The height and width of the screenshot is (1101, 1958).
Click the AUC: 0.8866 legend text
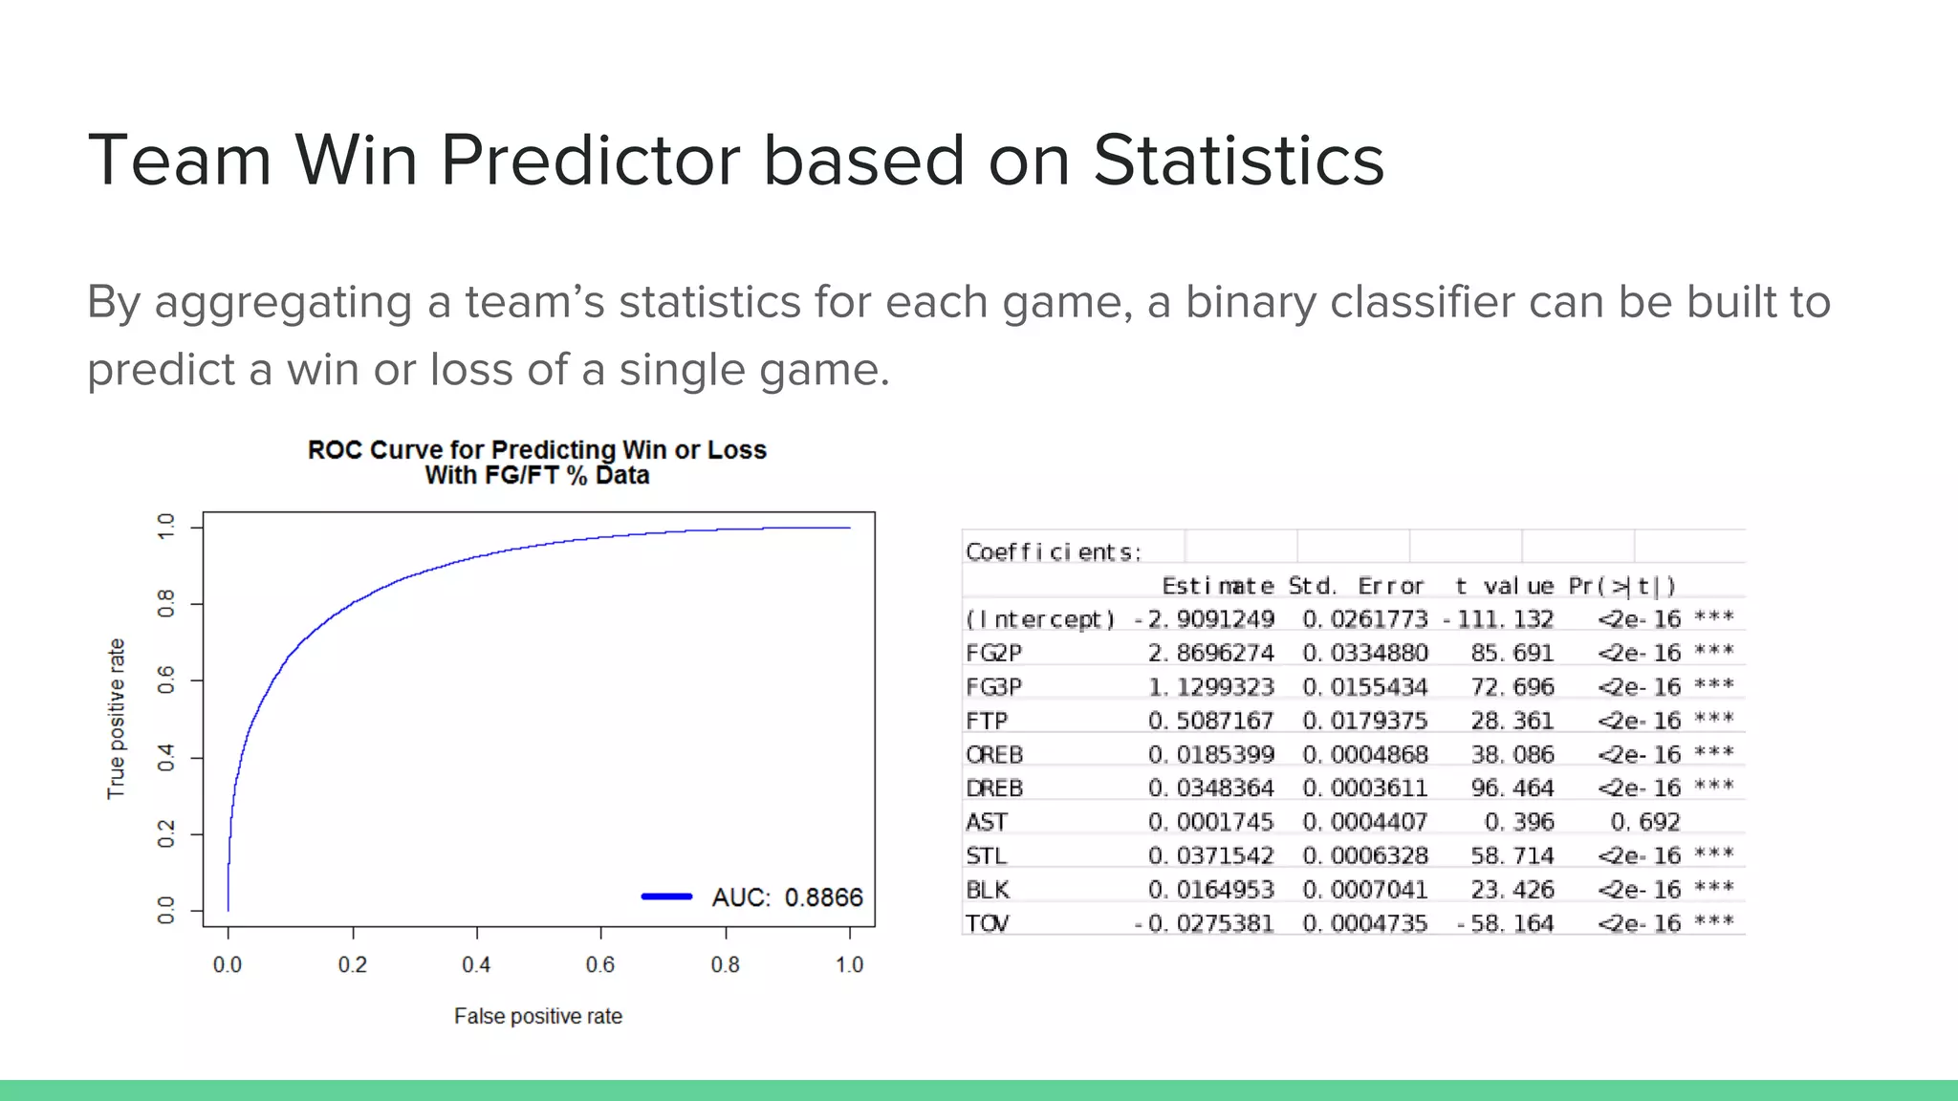pyautogui.click(x=787, y=897)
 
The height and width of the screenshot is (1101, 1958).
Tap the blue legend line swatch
pyautogui.click(x=666, y=896)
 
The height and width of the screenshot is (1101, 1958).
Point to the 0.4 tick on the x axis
pyautogui.click(x=476, y=964)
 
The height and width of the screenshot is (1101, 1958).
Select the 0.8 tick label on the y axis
pyautogui.click(x=166, y=603)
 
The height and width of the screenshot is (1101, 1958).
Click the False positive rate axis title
pyautogui.click(x=537, y=1016)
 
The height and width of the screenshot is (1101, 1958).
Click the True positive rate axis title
pyautogui.click(x=116, y=719)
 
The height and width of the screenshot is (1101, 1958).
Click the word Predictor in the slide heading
pyautogui.click(x=590, y=160)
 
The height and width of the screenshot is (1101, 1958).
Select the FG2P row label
pyautogui.click(x=993, y=653)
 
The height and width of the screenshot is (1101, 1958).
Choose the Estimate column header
pyautogui.click(x=1217, y=586)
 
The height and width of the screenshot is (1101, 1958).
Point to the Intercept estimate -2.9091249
pyautogui.click(x=1205, y=619)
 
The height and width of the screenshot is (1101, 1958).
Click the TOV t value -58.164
pyautogui.click(x=1506, y=923)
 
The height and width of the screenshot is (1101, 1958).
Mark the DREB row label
pyautogui.click(x=994, y=788)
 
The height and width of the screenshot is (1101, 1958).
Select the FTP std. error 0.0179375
pyautogui.click(x=1364, y=721)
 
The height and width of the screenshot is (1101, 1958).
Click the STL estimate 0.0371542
pyautogui.click(x=1210, y=855)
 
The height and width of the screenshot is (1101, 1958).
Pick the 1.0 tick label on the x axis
pyautogui.click(x=849, y=964)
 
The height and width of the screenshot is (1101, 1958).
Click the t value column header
pyautogui.click(x=1504, y=586)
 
